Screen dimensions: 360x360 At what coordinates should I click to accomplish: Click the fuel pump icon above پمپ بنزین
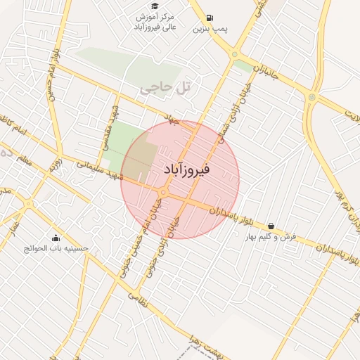coord(210,18)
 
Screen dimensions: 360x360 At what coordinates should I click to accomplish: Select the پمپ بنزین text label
coord(210,30)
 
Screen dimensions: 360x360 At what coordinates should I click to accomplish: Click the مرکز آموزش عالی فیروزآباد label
coord(159,21)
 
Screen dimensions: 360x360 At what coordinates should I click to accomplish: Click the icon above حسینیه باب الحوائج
coord(56,237)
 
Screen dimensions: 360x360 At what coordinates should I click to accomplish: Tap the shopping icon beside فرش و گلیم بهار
coord(271,226)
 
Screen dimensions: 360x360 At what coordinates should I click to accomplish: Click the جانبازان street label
coord(261,72)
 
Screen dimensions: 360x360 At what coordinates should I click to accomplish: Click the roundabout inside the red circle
coord(163,193)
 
